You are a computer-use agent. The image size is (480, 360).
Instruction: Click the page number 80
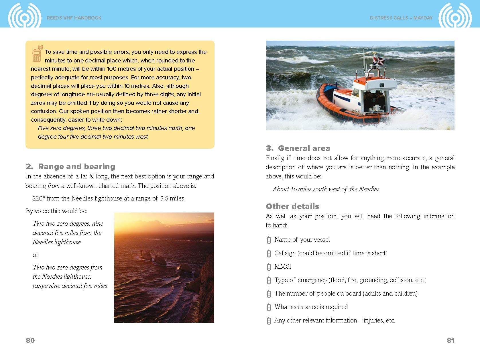pos(30,340)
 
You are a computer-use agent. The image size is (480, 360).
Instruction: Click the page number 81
pos(451,340)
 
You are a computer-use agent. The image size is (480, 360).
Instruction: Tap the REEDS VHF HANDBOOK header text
pos(74,18)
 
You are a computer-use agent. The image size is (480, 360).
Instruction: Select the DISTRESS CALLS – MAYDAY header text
pos(401,18)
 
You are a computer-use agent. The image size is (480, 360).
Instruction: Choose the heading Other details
pos(292,206)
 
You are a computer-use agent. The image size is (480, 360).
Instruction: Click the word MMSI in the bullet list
pos(283,266)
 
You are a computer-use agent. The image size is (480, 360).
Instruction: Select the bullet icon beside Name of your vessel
pos(269,239)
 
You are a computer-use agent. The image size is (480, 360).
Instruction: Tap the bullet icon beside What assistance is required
pos(269,307)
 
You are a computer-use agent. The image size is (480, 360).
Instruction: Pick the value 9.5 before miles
pos(164,198)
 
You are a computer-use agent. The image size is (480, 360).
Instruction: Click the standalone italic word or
pos(36,255)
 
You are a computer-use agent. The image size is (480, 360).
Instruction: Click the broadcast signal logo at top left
pos(25,17)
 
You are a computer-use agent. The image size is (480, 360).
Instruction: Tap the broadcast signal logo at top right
pos(455,17)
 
